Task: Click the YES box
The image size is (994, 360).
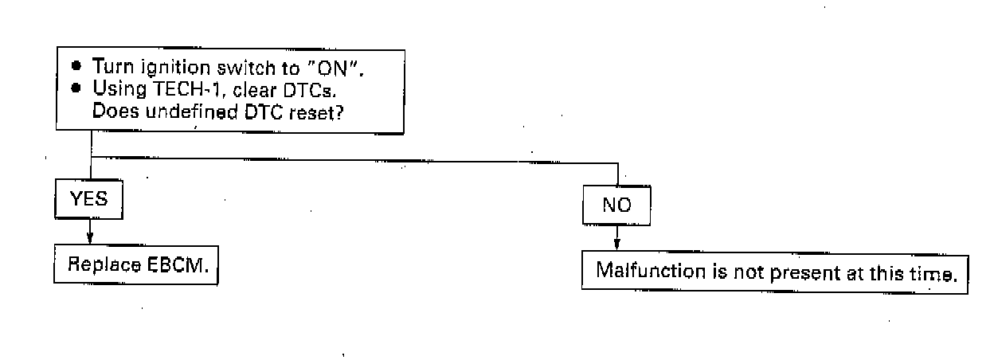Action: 89,198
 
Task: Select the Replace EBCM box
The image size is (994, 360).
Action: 136,265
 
